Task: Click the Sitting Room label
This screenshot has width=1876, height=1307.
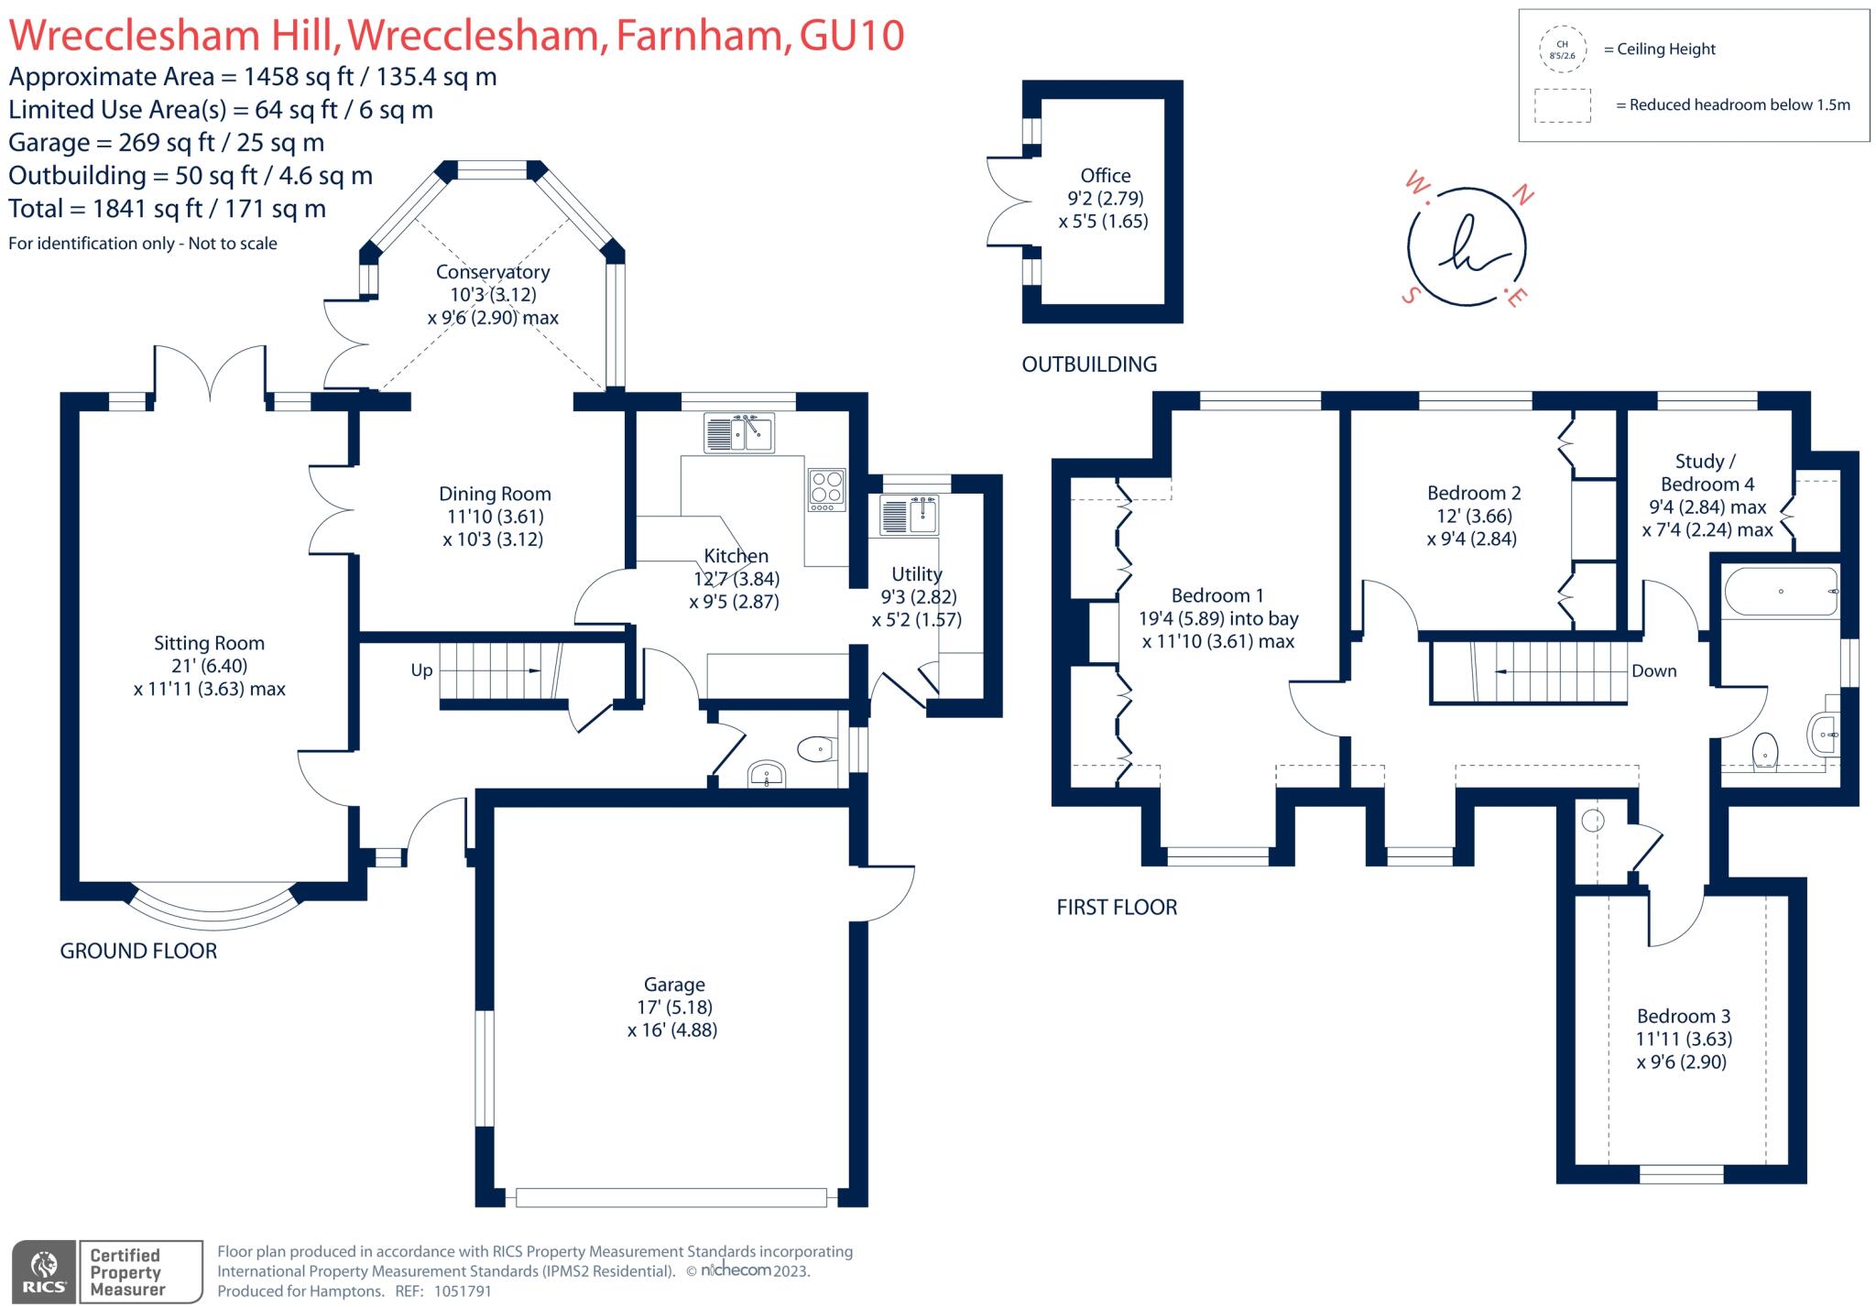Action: [x=209, y=644]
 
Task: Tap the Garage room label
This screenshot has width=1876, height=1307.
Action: [x=674, y=985]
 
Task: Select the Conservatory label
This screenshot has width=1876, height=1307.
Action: [x=493, y=272]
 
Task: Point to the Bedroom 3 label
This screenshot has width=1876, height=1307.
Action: [x=1684, y=1017]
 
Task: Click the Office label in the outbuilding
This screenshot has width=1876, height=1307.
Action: [x=1105, y=176]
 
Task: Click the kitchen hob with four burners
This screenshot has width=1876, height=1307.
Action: [x=825, y=490]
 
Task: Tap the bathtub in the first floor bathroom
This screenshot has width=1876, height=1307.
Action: [x=1780, y=592]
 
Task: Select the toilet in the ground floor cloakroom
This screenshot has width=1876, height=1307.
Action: [x=816, y=750]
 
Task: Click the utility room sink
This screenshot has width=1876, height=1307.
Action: [x=909, y=514]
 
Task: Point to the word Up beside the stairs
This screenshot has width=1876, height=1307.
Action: [x=421, y=670]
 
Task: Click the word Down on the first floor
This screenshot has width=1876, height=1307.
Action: [x=1653, y=671]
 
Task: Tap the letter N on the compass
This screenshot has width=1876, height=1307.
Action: [x=1522, y=193]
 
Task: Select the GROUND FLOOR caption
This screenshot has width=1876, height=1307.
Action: [x=138, y=952]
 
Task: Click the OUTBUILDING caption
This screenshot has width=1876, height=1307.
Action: [x=1089, y=365]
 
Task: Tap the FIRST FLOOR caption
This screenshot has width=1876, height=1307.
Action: [x=1117, y=908]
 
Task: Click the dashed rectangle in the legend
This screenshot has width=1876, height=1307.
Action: [x=1563, y=105]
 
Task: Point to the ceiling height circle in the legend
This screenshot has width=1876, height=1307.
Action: [x=1562, y=49]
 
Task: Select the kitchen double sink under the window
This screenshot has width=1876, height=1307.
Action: [x=739, y=432]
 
